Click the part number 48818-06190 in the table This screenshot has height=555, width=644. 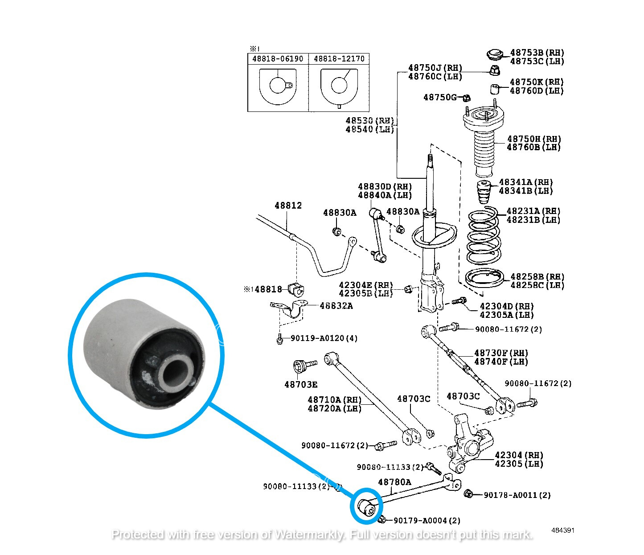click(277, 59)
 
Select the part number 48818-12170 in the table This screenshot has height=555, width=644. click(339, 59)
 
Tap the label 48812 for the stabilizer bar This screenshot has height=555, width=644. click(288, 206)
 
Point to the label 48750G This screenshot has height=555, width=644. click(439, 97)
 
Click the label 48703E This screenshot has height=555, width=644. click(301, 384)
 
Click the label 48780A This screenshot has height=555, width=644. click(394, 482)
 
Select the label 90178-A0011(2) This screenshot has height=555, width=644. click(517, 495)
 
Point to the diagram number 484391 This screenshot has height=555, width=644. click(562, 530)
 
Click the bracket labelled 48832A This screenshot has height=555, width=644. click(292, 308)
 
